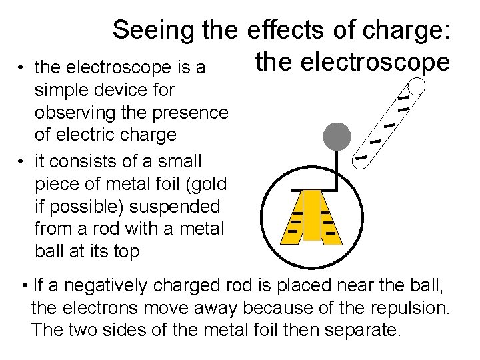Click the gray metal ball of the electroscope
tap(337, 137)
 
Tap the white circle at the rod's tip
tap(416, 86)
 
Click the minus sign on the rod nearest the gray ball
tap(361, 159)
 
